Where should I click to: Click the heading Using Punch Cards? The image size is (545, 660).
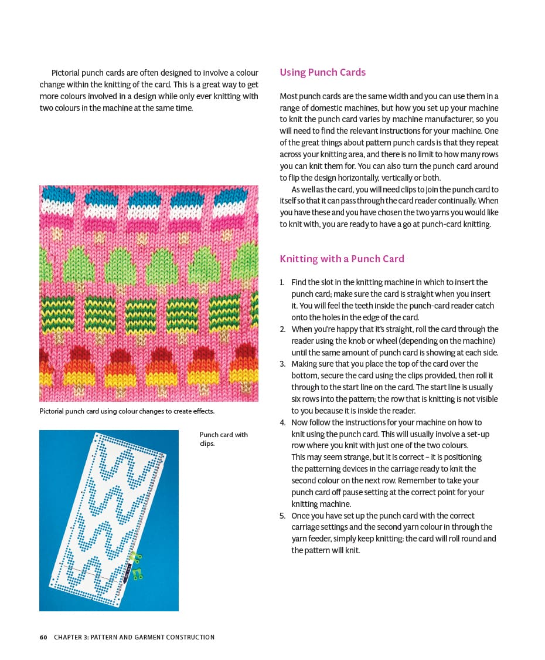[322, 72]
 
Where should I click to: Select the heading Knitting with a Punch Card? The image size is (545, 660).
[342, 259]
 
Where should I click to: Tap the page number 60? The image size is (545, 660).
[43, 637]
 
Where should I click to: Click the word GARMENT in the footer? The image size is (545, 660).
[147, 637]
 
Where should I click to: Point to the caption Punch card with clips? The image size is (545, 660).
[223, 439]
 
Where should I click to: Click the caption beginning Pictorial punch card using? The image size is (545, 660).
[127, 411]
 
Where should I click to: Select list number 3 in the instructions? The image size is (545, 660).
[283, 364]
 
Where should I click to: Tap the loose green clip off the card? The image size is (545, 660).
[138, 573]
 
